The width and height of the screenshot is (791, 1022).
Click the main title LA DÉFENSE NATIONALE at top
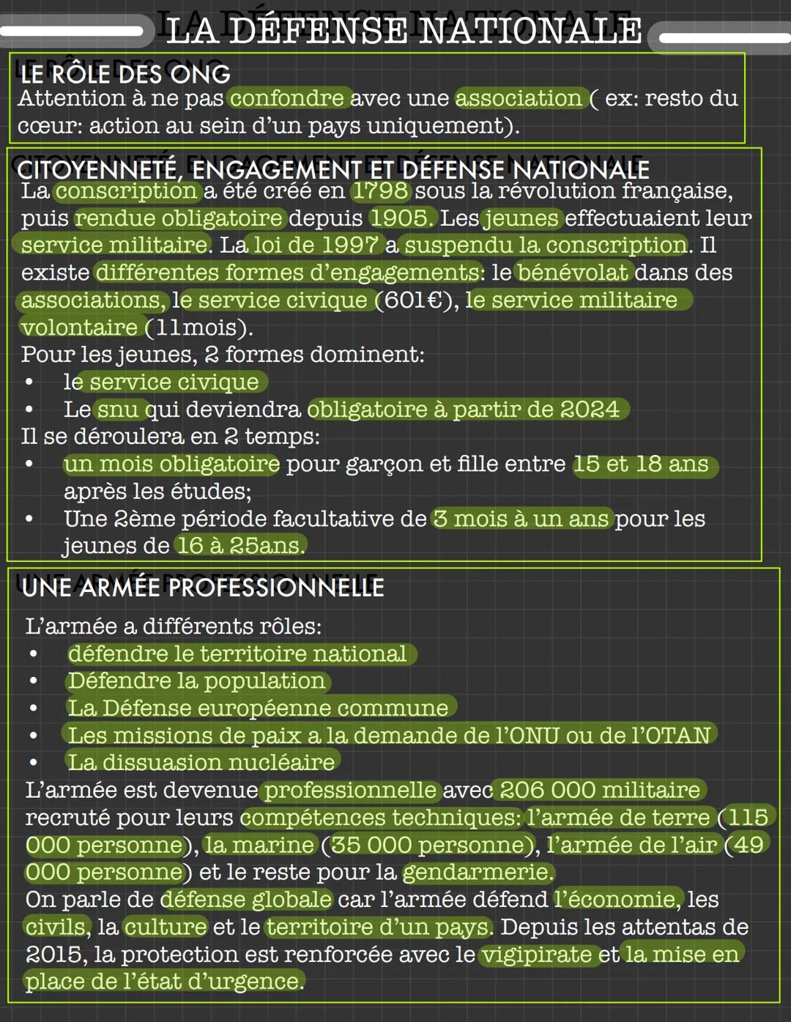(x=404, y=32)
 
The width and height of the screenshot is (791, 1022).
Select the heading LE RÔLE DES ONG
(x=125, y=74)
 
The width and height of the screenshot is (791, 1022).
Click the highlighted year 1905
(x=401, y=218)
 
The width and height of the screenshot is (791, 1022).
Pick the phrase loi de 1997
(x=316, y=245)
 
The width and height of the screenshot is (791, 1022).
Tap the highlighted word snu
(x=117, y=410)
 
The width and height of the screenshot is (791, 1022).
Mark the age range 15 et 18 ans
(x=644, y=464)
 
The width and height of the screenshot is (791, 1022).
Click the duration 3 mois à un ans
(x=521, y=519)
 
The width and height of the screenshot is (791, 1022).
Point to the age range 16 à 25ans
(x=239, y=546)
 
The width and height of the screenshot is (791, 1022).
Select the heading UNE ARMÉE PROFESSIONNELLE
(x=203, y=588)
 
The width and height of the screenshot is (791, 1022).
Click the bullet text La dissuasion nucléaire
(x=201, y=763)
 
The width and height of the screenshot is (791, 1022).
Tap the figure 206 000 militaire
(x=599, y=790)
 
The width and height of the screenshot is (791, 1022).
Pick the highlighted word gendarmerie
(x=478, y=872)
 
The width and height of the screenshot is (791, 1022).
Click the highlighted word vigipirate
(x=537, y=955)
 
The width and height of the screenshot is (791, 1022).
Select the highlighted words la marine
(x=259, y=845)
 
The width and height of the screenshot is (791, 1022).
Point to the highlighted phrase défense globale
(x=246, y=900)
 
